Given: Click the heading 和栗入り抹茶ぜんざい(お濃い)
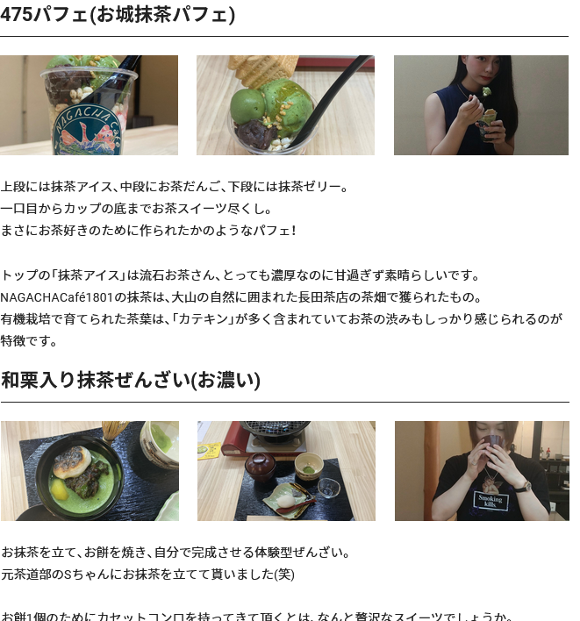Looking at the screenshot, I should pos(131,380).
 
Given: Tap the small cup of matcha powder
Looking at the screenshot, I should pos(308,465).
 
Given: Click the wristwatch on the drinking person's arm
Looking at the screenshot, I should pos(523,486).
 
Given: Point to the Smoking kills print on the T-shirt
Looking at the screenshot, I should pos(489,502).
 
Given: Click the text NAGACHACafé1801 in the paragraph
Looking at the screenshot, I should pos(57,296).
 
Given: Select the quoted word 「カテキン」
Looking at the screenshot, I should pos(204,318).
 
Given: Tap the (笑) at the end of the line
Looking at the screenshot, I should pos(284,574).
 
